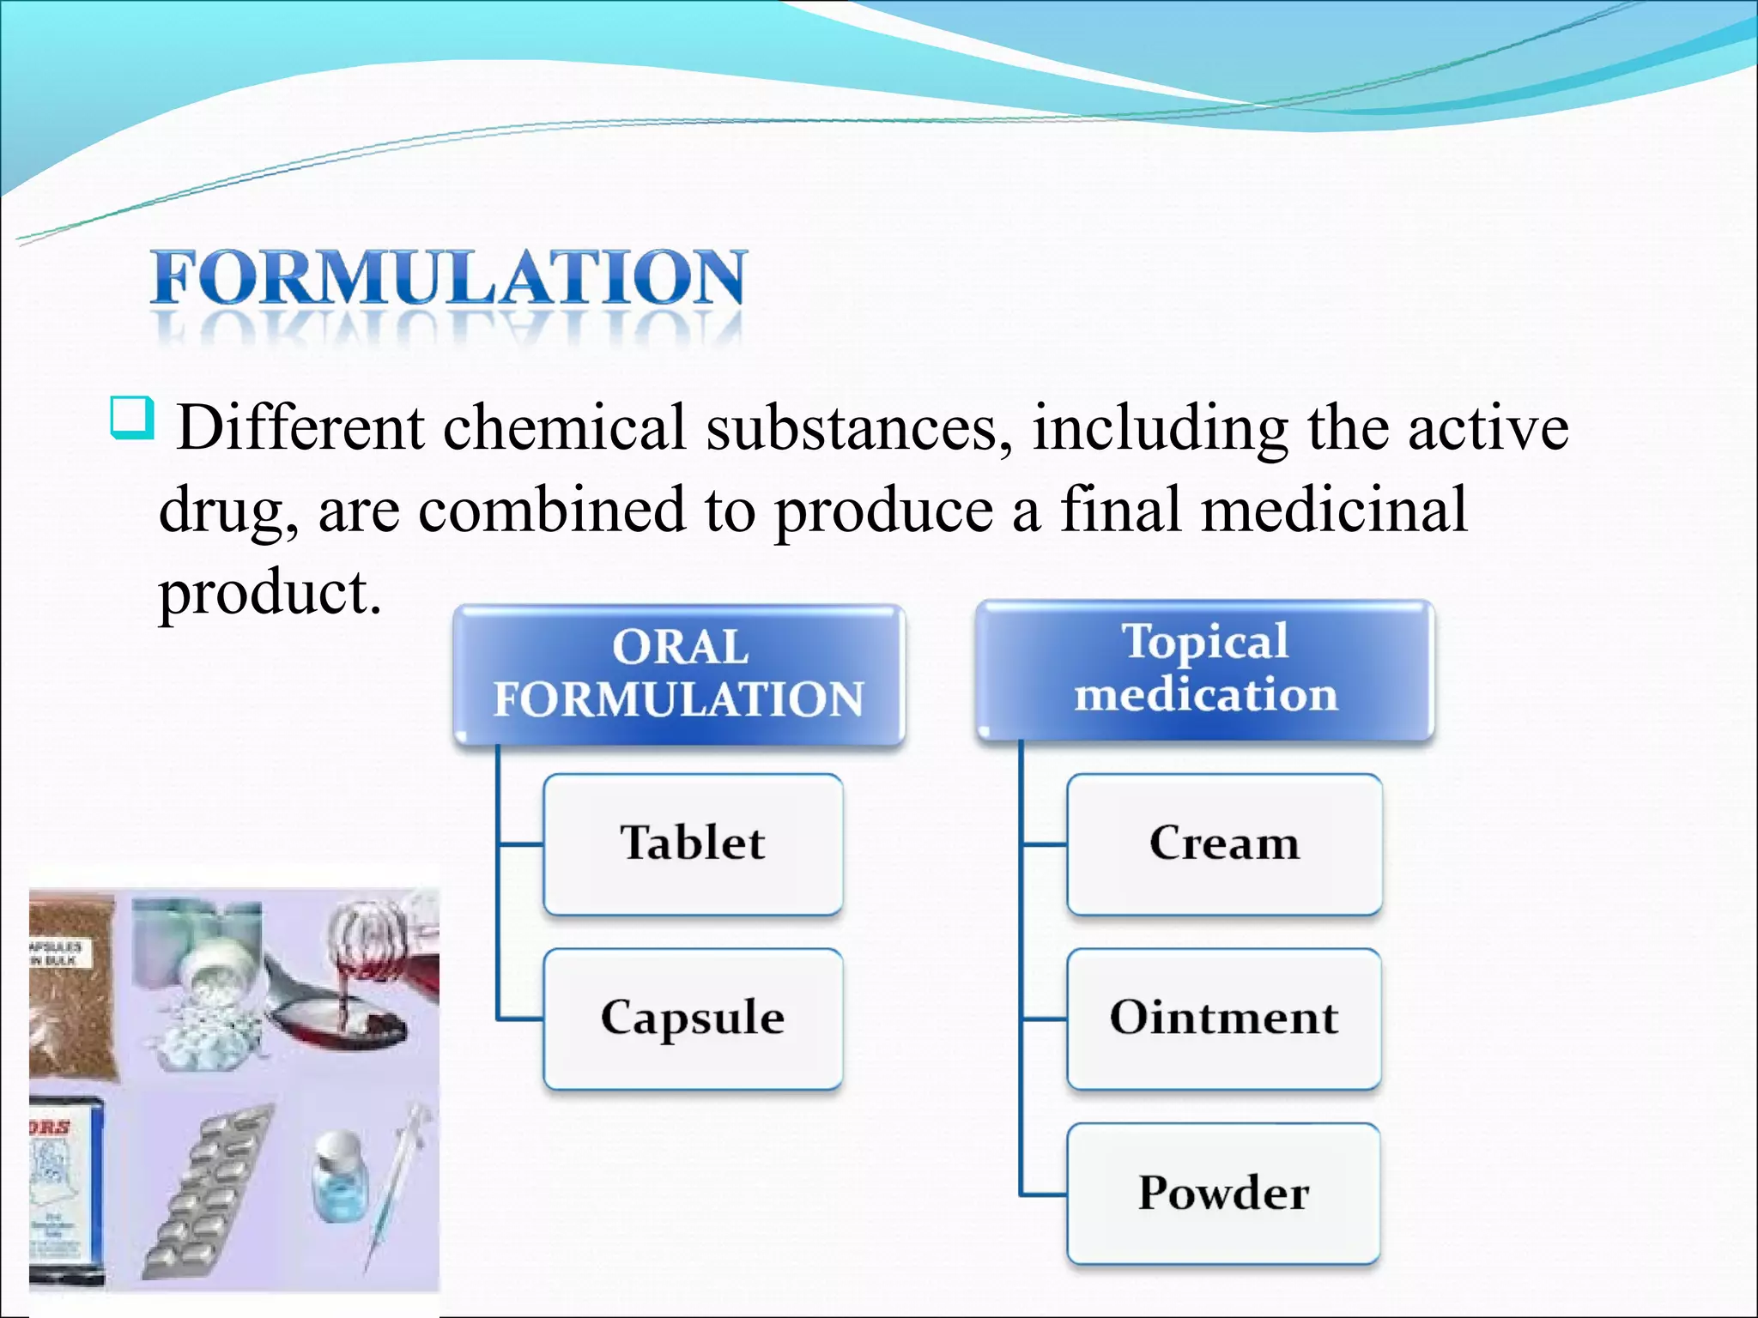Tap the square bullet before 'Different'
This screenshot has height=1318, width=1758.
click(x=132, y=418)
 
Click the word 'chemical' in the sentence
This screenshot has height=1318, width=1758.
click(x=564, y=427)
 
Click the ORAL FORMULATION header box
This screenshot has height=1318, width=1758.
click(x=678, y=674)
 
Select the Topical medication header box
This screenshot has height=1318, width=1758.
click(x=1205, y=669)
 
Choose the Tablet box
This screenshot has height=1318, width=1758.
click(x=693, y=843)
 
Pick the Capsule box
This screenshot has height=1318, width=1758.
click(x=693, y=1019)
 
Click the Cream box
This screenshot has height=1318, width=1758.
click(x=1224, y=843)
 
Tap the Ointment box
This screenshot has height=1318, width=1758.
click(x=1224, y=1019)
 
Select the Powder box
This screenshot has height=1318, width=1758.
click(x=1224, y=1194)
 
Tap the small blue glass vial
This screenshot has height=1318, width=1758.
click(x=338, y=1176)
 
